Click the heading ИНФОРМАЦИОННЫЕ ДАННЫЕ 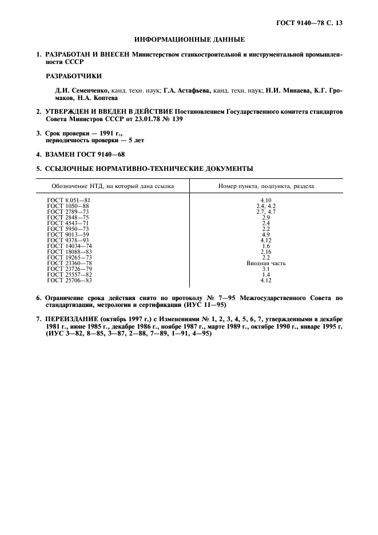(x=189, y=39)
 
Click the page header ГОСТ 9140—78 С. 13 (x=309, y=23)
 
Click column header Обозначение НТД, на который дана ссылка (x=113, y=186)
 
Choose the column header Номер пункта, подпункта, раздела (x=265, y=186)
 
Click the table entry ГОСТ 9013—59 (x=68, y=234)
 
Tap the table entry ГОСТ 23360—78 (x=70, y=263)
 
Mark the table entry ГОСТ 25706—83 (x=70, y=281)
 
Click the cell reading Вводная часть (x=266, y=263)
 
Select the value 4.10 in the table (x=266, y=200)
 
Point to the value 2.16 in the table (x=266, y=251)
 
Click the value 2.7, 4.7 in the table (x=266, y=211)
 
